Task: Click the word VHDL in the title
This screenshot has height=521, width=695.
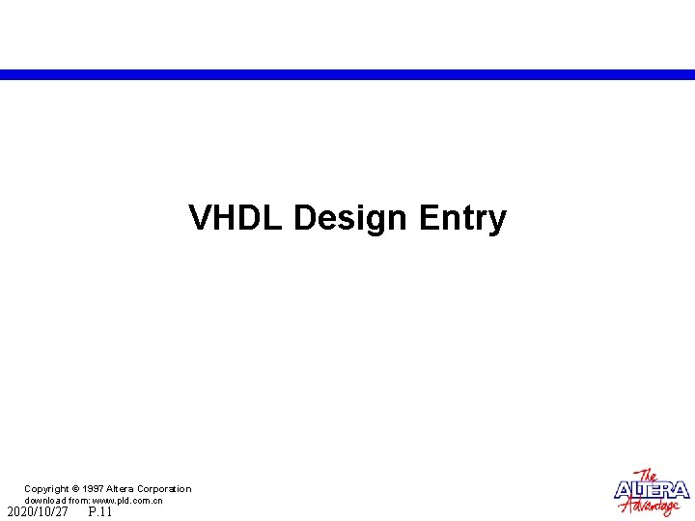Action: pos(236,218)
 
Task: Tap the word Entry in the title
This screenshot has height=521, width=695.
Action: pos(462,219)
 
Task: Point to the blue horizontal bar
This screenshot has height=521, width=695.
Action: pos(347,74)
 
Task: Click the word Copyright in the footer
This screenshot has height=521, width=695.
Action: pos(46,489)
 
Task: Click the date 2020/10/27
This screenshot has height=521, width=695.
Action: pos(38,512)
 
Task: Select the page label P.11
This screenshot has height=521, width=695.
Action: pos(100,512)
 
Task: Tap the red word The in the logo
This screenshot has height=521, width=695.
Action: pos(648,476)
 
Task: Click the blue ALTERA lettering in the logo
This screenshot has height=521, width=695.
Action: pos(653,490)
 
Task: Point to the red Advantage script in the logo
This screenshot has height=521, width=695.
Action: pos(655,506)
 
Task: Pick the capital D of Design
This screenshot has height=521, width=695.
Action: pos(304,218)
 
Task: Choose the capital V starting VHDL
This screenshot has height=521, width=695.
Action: pos(198,218)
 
